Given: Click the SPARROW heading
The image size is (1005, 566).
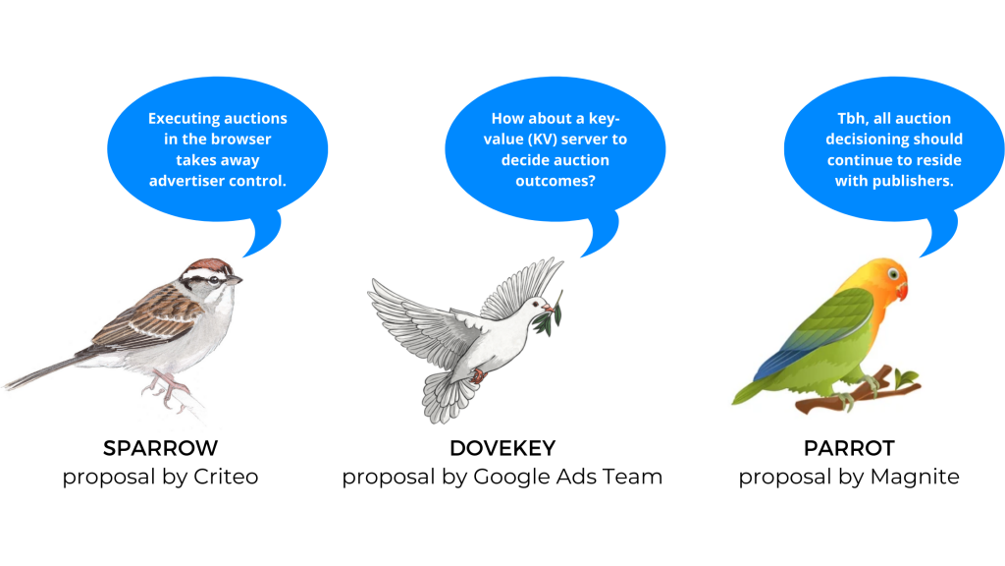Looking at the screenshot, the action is pos(160,448).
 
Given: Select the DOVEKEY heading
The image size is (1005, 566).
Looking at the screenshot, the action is pos(502,448).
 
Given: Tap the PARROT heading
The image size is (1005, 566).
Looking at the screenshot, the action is pos(849,448).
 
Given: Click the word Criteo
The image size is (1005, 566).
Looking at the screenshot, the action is pos(226,477).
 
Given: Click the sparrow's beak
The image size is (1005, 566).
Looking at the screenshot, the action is pos(235,279).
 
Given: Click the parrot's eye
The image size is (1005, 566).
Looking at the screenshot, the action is pos(893,275).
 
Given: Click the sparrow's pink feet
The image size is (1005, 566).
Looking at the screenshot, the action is pos(165,388).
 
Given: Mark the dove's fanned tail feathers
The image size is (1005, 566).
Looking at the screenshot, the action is pos(449,396).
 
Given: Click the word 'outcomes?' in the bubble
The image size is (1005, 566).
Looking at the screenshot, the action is pos(555,181).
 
